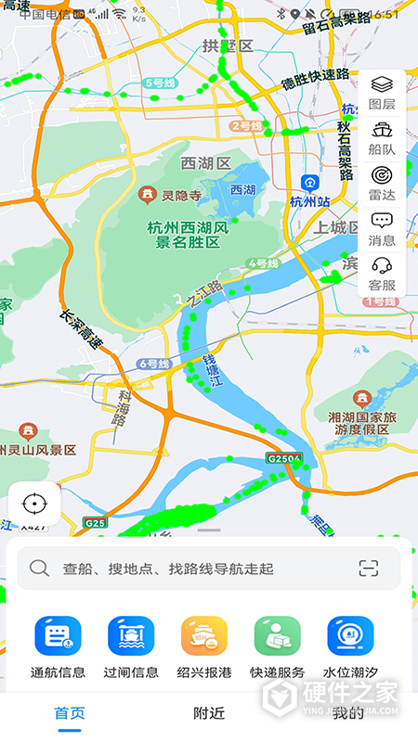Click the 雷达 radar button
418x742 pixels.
point(382,181)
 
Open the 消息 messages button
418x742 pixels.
point(382,226)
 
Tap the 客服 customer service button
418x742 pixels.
point(382,272)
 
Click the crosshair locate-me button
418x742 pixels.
point(34,504)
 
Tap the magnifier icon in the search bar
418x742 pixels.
point(39,568)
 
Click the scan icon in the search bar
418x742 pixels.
point(369,568)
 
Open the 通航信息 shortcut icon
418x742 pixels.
point(58,636)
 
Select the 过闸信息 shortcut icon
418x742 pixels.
point(131,636)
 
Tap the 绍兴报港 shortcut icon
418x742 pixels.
point(204,636)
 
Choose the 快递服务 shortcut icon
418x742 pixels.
point(277,636)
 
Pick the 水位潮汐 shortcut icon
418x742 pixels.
point(350,636)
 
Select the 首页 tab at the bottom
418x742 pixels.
point(70,713)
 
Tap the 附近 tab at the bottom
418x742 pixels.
point(209,713)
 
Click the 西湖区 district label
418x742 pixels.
point(205,163)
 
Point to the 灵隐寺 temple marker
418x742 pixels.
point(147,195)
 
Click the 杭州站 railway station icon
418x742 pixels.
point(310,184)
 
